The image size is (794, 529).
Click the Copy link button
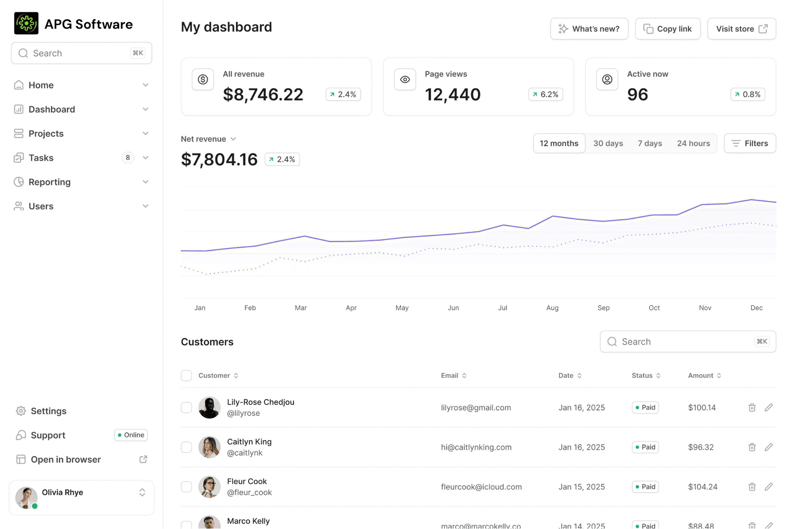point(667,29)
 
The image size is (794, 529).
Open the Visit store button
point(741,29)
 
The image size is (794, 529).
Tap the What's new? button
point(589,29)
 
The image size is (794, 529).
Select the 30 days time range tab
point(608,143)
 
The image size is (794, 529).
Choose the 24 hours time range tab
point(693,143)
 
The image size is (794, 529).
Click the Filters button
point(750,143)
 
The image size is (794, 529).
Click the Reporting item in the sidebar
point(50,182)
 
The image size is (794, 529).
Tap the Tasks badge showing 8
point(128,157)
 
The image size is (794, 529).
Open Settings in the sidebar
point(48,411)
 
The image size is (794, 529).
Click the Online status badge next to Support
point(131,435)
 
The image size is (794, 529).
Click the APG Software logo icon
point(26,24)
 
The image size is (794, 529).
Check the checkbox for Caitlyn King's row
point(187,447)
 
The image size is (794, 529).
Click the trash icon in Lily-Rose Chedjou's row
point(752,407)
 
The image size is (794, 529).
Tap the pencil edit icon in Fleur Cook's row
point(768,487)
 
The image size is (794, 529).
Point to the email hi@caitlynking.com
point(476,447)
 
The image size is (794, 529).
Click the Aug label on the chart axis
point(552,307)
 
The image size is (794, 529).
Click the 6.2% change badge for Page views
point(545,94)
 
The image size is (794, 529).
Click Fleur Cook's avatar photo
point(209,487)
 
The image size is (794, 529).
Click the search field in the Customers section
point(682,342)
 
